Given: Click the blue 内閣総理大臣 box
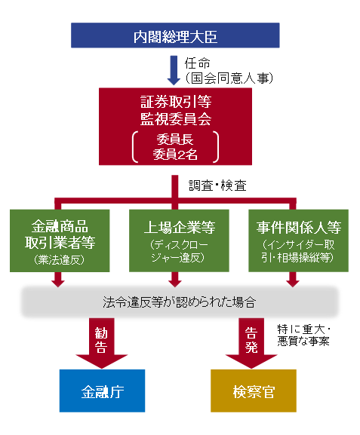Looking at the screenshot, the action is pyautogui.click(x=175, y=35).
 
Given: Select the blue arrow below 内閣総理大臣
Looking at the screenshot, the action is pyautogui.click(x=174, y=70).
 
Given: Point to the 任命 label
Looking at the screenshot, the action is pyautogui.click(x=198, y=63).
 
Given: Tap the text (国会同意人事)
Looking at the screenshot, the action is pyautogui.click(x=229, y=78).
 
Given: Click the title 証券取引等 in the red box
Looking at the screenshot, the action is pyautogui.click(x=176, y=102).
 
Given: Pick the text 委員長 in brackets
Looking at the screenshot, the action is pyautogui.click(x=175, y=139).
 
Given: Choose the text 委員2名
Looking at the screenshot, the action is pyautogui.click(x=175, y=155).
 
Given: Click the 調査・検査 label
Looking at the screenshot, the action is pyautogui.click(x=217, y=185).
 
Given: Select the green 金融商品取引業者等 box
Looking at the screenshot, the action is pyautogui.click(x=60, y=240).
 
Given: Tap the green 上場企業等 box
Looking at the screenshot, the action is pyautogui.click(x=179, y=240).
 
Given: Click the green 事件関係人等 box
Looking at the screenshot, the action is pyautogui.click(x=298, y=240).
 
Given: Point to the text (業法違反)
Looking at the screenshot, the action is pyautogui.click(x=60, y=259).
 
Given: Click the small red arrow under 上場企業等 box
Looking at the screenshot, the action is pyautogui.click(x=175, y=280).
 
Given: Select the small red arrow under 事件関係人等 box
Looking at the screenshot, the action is pyautogui.click(x=293, y=280).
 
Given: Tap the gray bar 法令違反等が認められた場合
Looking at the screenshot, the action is pyautogui.click(x=180, y=302).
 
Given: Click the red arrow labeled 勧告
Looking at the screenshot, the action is pyautogui.click(x=101, y=343).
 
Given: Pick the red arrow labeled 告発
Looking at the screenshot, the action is pyautogui.click(x=251, y=343).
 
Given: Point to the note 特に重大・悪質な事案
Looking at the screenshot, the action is pyautogui.click(x=303, y=335).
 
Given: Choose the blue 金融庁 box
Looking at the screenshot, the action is pyautogui.click(x=102, y=391).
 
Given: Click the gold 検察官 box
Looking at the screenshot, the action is pyautogui.click(x=254, y=391).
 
